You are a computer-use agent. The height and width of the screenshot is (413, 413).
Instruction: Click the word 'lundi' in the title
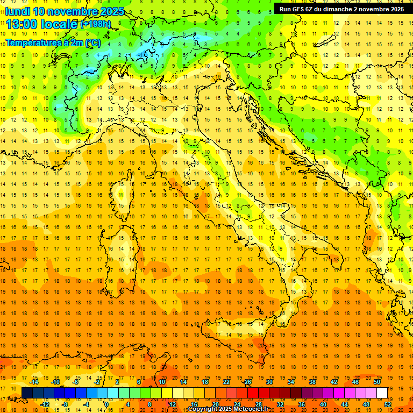pyautogui.click(x=17, y=11)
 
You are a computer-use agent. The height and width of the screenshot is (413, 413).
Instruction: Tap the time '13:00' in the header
pyautogui.click(x=21, y=24)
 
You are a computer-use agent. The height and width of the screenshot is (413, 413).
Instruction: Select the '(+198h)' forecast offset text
pyautogui.click(x=96, y=24)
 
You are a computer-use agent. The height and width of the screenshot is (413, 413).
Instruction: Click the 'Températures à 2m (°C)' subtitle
pyautogui.click(x=53, y=42)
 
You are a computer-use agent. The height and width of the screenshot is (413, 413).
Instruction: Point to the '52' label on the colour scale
pyautogui.click(x=388, y=404)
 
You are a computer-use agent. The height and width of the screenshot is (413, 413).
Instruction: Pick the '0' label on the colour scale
pyautogui.click(x=106, y=404)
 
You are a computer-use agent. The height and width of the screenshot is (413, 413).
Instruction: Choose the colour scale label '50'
pyautogui.click(x=377, y=382)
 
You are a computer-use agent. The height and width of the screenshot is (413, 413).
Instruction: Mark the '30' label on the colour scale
pyautogui.click(x=269, y=382)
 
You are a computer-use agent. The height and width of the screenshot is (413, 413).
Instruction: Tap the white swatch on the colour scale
pyautogui.click(x=382, y=393)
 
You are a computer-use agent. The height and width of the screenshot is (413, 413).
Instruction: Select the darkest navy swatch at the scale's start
pyautogui.click(x=27, y=393)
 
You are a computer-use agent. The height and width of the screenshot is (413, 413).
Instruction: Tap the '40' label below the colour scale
pyautogui.click(x=323, y=404)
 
